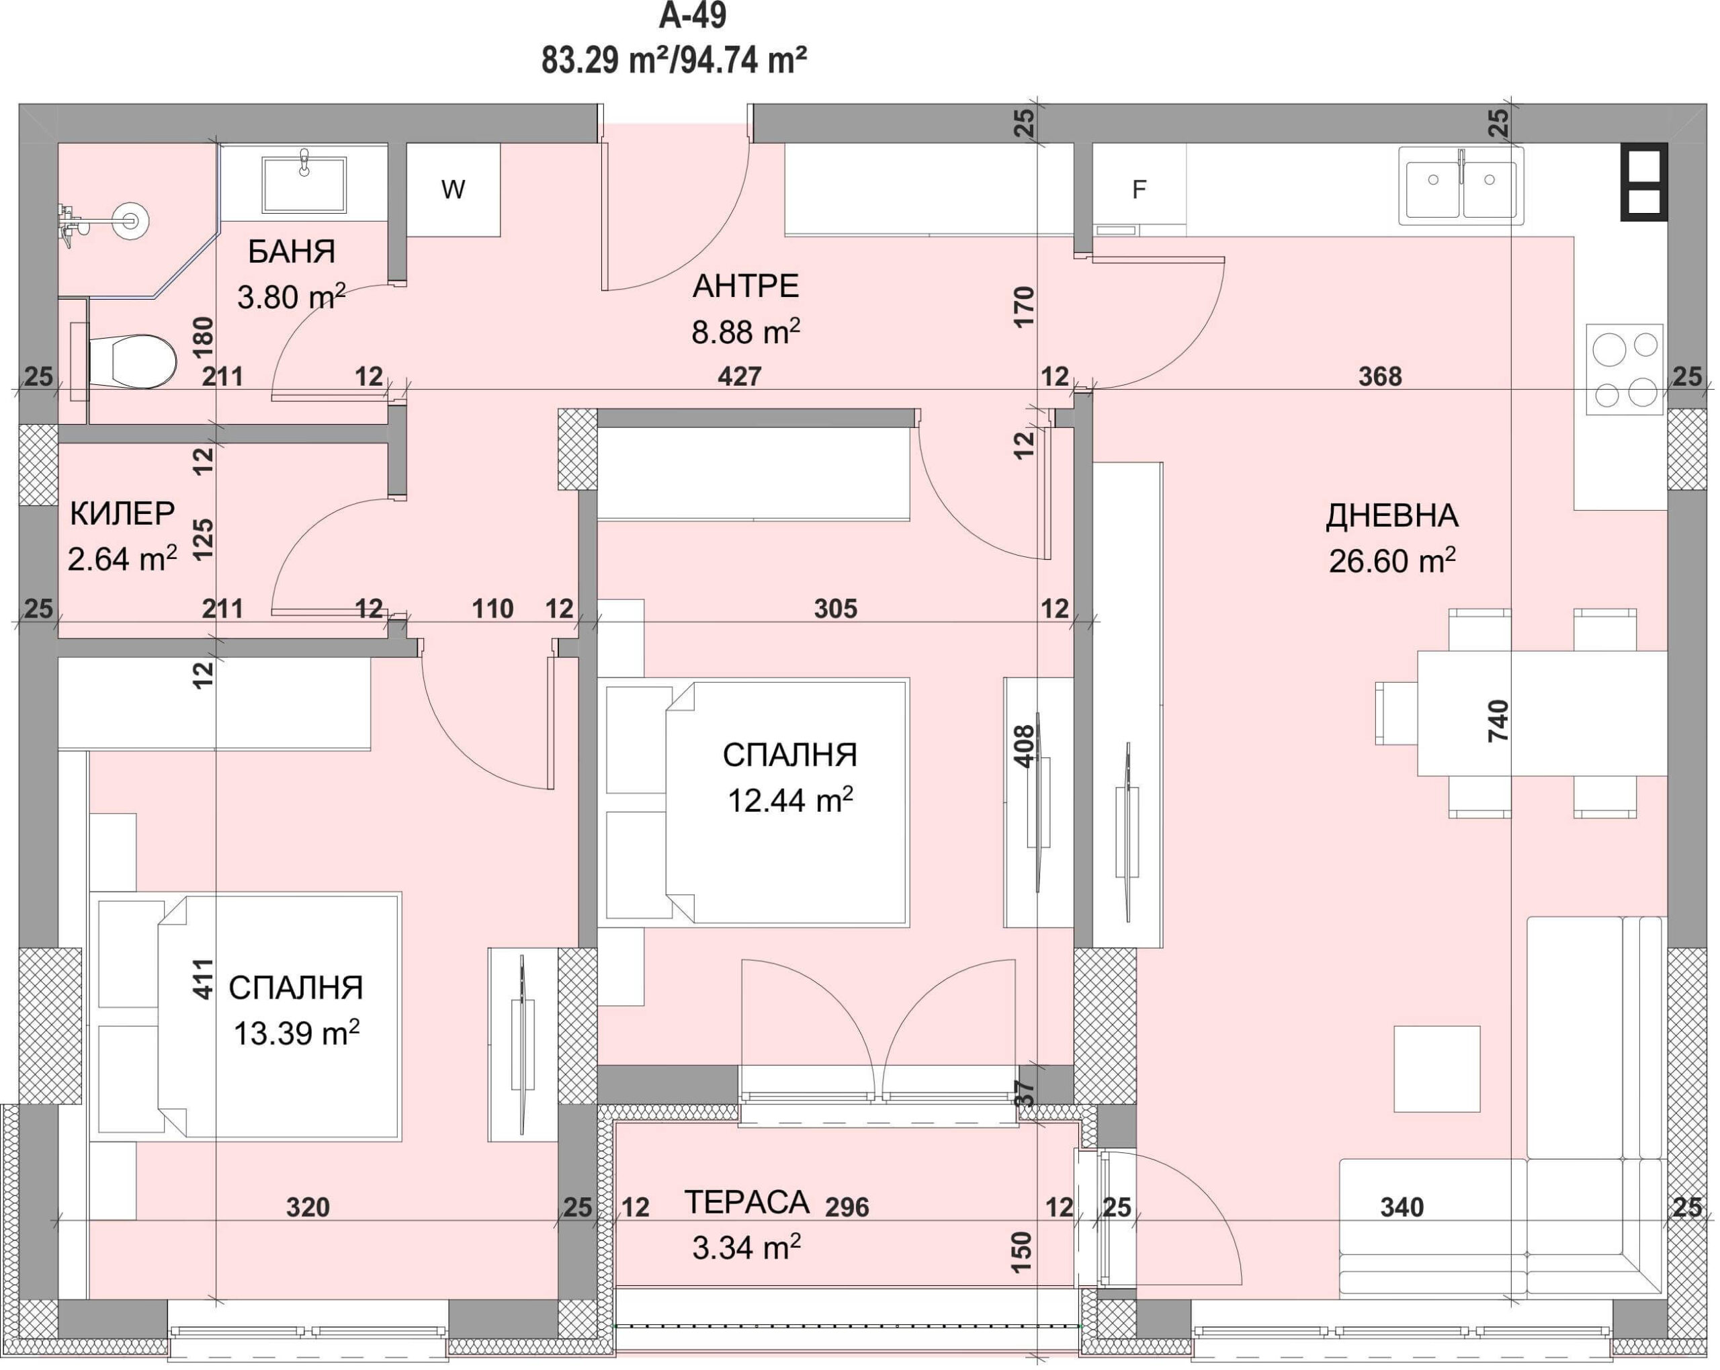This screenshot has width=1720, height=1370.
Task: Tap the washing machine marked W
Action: pyautogui.click(x=453, y=190)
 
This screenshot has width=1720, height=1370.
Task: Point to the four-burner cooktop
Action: pyautogui.click(x=1625, y=370)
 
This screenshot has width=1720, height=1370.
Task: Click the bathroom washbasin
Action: pyautogui.click(x=304, y=183)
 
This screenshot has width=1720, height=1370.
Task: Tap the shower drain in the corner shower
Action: pyautogui.click(x=128, y=221)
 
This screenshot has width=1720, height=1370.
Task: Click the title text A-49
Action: pyautogui.click(x=693, y=16)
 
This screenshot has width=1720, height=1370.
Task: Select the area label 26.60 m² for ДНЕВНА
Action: pyautogui.click(x=1392, y=561)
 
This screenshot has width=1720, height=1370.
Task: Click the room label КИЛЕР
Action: pyautogui.click(x=122, y=514)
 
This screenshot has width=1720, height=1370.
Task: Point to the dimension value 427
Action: pyautogui.click(x=740, y=376)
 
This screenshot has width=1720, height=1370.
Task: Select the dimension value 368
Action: pyautogui.click(x=1380, y=376)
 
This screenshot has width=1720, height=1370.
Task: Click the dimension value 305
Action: pyautogui.click(x=835, y=609)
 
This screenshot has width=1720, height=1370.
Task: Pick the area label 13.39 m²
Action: pyautogui.click(x=296, y=1033)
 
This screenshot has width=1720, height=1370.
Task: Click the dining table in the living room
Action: pyautogui.click(x=1541, y=714)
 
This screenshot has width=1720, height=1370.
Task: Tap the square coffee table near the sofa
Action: pyautogui.click(x=1436, y=1068)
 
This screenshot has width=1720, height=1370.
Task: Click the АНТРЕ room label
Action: pyautogui.click(x=745, y=286)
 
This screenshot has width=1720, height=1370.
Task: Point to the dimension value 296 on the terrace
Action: pyautogui.click(x=847, y=1207)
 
